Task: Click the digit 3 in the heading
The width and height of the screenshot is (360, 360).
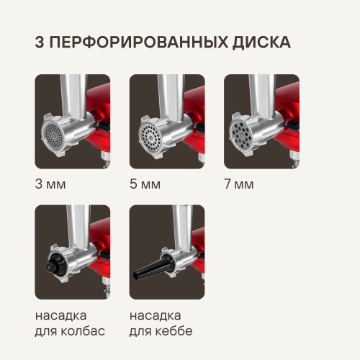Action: pos(41,42)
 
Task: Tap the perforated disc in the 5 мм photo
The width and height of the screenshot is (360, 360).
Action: pos(148,136)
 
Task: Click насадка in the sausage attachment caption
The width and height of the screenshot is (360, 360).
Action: pos(61,315)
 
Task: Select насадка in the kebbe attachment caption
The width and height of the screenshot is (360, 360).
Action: pos(156,315)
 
